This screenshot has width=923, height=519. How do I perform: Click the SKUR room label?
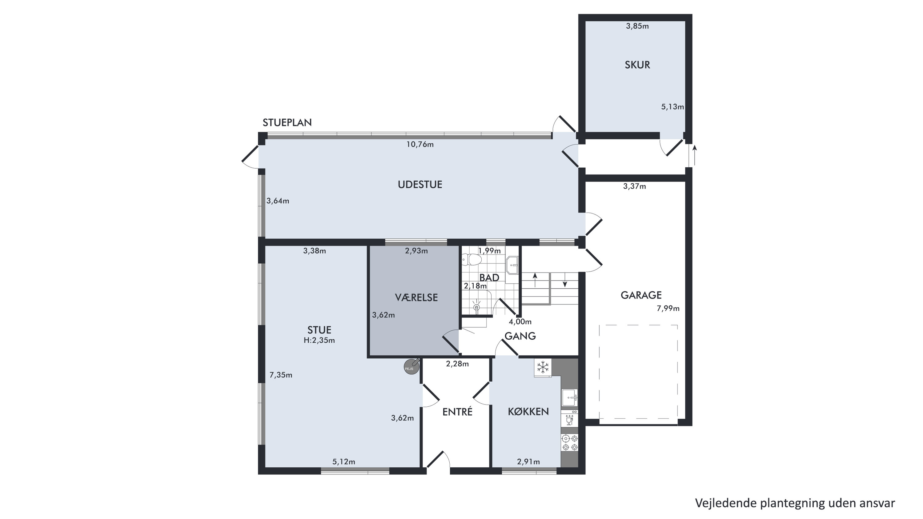pos(637,65)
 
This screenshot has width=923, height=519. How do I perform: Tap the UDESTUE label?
pos(420,185)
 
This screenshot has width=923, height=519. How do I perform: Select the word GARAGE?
pos(641,295)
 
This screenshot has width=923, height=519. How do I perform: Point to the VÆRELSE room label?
pos(416,297)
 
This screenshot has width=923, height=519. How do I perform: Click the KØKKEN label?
pos(528,412)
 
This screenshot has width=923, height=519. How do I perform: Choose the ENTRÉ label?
pos(457,412)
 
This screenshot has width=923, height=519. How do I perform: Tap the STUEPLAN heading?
pos(287,122)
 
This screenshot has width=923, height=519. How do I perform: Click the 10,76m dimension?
pos(420,144)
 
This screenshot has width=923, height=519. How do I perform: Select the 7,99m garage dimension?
pos(668,308)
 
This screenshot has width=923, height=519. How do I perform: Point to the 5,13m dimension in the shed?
pos(672,107)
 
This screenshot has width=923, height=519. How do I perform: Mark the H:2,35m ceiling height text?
pos(319,340)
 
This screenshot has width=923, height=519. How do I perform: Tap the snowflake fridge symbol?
pos(543,367)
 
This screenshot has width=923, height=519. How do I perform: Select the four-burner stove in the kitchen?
pos(570,443)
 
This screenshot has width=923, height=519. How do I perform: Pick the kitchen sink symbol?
pos(570,397)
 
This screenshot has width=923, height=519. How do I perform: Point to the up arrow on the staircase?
pos(535,280)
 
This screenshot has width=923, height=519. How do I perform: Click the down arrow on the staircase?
pos(565,280)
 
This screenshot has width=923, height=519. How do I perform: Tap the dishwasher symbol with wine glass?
pos(570,419)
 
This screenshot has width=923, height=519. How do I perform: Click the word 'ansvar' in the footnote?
pos(877,503)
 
